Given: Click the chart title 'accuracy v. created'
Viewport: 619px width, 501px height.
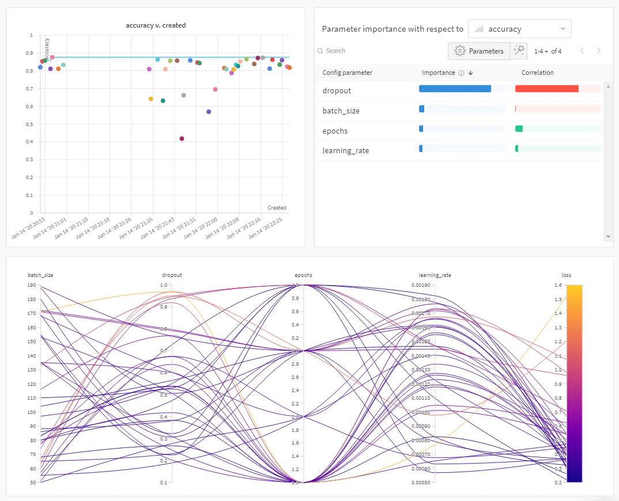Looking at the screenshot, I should [156, 25].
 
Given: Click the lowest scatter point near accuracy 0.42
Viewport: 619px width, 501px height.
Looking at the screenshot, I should [182, 139].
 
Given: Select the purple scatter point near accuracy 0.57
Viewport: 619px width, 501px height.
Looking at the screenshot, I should [209, 112].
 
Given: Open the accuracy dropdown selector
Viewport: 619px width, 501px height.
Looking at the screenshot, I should [519, 29].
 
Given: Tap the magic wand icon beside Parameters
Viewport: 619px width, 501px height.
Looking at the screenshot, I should [519, 51].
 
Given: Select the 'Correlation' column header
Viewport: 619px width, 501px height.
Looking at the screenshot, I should [537, 73].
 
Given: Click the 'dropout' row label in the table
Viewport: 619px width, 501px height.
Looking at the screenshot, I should [337, 91].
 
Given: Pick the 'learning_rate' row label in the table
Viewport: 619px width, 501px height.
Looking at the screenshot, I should [345, 151].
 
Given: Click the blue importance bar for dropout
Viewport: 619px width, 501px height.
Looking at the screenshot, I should [455, 89].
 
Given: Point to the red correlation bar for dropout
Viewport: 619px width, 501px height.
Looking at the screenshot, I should [546, 89].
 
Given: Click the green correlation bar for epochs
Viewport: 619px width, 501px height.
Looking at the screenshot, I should [519, 128].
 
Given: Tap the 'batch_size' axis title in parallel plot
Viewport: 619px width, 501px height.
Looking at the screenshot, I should [40, 275].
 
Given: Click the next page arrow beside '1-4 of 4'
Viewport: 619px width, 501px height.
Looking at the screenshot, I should [599, 51].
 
